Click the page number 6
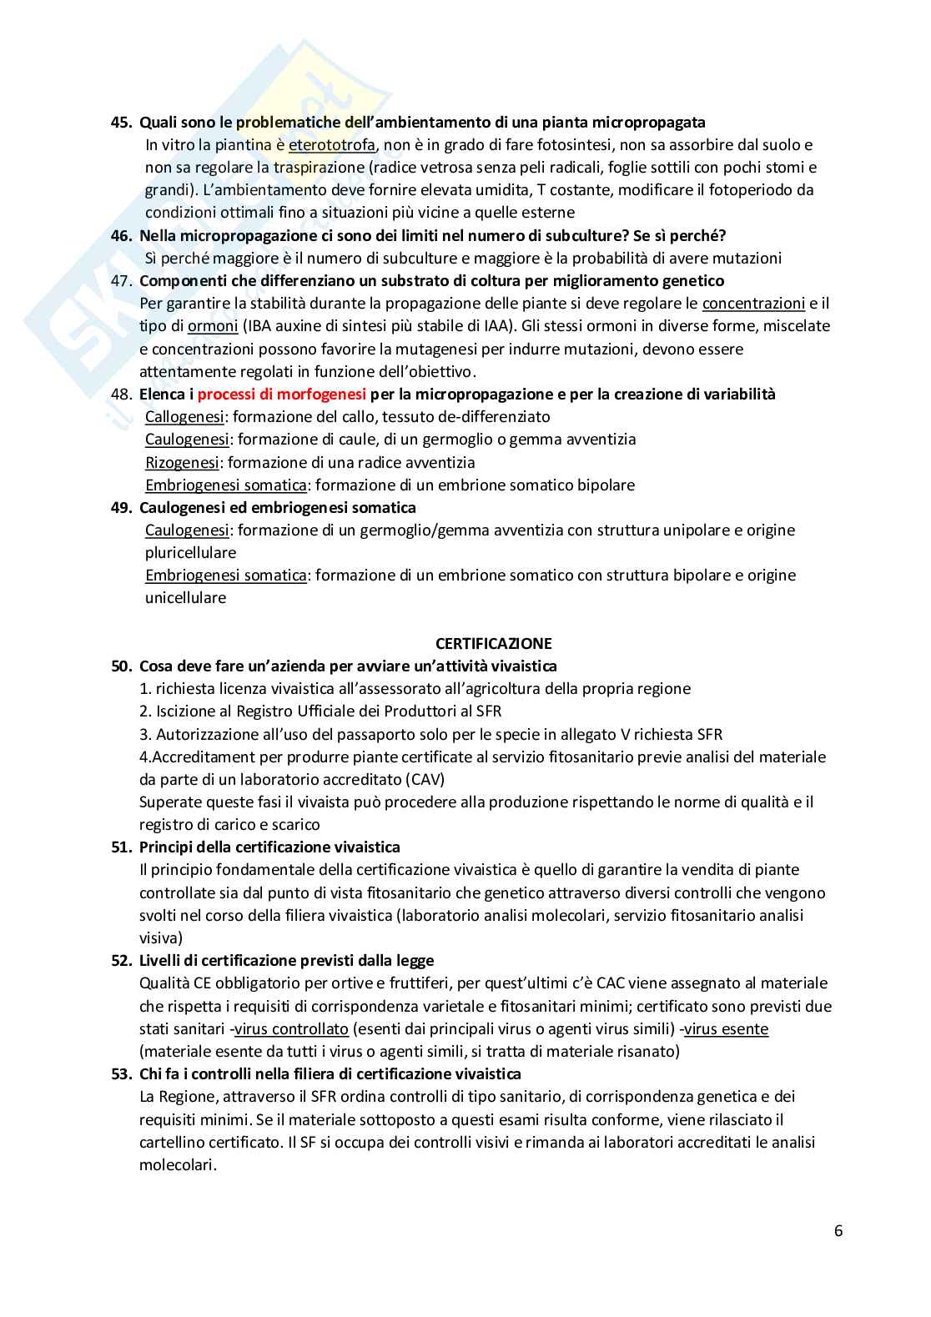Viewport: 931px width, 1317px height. coord(838,1231)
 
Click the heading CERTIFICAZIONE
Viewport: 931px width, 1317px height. coord(493,643)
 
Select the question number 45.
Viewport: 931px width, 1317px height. coord(122,123)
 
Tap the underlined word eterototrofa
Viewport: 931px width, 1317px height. coord(332,145)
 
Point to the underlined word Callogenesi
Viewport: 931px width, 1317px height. coord(184,416)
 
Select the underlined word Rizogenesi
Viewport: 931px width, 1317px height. coord(182,462)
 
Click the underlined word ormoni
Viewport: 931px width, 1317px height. coord(213,326)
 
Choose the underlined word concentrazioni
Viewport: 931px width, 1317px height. coord(753,304)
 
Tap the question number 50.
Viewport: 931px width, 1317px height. coord(122,666)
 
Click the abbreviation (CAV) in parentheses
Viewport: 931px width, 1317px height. coord(426,780)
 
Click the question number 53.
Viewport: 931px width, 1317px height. coord(122,1073)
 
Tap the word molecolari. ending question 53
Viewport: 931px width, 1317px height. coord(178,1164)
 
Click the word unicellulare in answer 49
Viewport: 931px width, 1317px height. coord(185,598)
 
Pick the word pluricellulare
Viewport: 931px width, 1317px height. coord(190,552)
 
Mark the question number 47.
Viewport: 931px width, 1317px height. coord(122,280)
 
